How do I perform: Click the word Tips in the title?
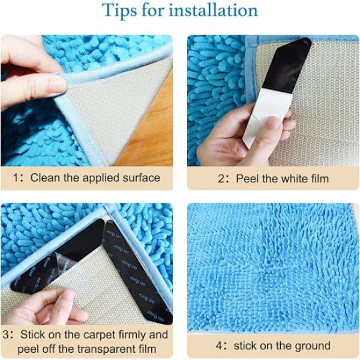point(119,11)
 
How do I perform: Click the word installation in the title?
point(213,10)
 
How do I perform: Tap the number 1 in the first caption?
point(16,178)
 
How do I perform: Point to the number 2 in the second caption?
point(221,179)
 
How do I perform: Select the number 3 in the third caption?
point(6,335)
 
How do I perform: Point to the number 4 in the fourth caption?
point(219,346)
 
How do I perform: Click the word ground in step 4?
point(312,346)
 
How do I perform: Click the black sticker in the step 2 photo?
point(287,65)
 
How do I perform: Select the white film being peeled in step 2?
point(266,117)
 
